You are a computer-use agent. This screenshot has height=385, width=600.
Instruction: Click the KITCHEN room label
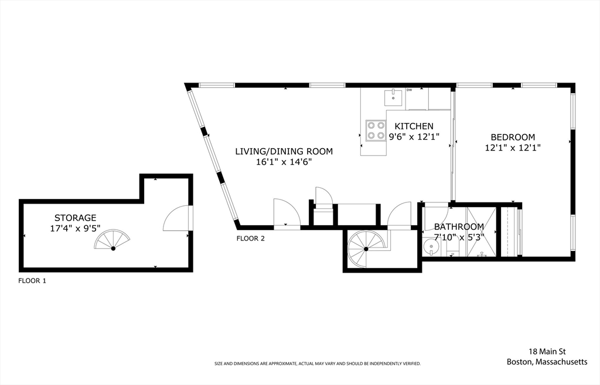pyautogui.click(x=414, y=126)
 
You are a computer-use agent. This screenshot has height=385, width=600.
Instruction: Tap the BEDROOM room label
pyautogui.click(x=513, y=137)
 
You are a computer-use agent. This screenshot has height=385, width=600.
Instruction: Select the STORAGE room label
pyautogui.click(x=75, y=218)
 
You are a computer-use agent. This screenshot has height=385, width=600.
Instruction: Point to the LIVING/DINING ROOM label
pyautogui.click(x=284, y=152)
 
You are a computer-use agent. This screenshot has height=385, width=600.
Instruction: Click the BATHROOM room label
pyautogui.click(x=459, y=227)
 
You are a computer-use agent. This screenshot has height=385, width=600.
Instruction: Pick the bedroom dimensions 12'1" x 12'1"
pyautogui.click(x=513, y=147)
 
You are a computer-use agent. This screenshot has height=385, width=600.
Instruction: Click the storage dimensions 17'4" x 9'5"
pyautogui.click(x=75, y=228)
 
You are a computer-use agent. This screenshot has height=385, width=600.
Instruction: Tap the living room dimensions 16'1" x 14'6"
pyautogui.click(x=284, y=162)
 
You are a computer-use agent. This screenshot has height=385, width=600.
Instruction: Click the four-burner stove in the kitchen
pyautogui.click(x=376, y=130)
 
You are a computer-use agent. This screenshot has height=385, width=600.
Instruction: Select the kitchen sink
pyautogui.click(x=393, y=97)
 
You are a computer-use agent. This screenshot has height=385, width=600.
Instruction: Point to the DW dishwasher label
pyautogui.click(x=409, y=90)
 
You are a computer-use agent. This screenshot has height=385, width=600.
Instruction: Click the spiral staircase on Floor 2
pyautogui.click(x=366, y=249)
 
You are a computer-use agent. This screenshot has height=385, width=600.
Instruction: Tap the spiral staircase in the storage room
pyautogui.click(x=112, y=240)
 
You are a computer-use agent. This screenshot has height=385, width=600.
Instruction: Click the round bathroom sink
pyautogui.click(x=431, y=246)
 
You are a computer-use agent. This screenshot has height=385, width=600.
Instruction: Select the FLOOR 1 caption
pyautogui.click(x=32, y=281)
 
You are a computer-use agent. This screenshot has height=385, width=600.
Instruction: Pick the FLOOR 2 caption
pyautogui.click(x=251, y=239)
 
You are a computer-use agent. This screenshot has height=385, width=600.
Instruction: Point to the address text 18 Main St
pyautogui.click(x=547, y=352)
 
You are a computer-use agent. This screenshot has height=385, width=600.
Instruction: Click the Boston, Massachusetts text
pyautogui.click(x=547, y=362)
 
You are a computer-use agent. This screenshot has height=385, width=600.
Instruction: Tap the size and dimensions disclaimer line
pyautogui.click(x=318, y=363)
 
